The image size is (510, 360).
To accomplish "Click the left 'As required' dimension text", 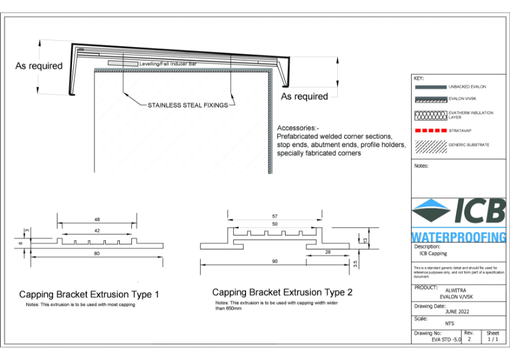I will pos(39,66).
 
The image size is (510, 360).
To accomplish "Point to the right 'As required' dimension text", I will pos(305,96).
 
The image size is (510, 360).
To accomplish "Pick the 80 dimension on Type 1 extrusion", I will pos(97,254).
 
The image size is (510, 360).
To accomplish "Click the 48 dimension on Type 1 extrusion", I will pos(97,219).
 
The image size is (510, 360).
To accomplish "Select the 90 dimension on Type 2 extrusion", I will pos(274,261).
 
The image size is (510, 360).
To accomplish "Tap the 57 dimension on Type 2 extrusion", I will pos(274,215).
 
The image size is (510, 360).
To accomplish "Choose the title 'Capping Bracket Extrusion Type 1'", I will pos(89,294).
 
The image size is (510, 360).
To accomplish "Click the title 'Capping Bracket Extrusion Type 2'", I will pos(282,292).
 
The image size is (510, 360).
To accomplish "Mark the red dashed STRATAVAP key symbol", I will pos(430,130).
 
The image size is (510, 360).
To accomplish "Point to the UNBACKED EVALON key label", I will pos(468,86).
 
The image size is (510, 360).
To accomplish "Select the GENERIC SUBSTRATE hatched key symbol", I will pos(430,145).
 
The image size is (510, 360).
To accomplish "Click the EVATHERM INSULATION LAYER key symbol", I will pos(430,115).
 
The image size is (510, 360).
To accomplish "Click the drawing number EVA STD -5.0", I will pos(446,341).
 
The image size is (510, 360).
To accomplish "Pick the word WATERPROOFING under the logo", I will pos(458,236).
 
